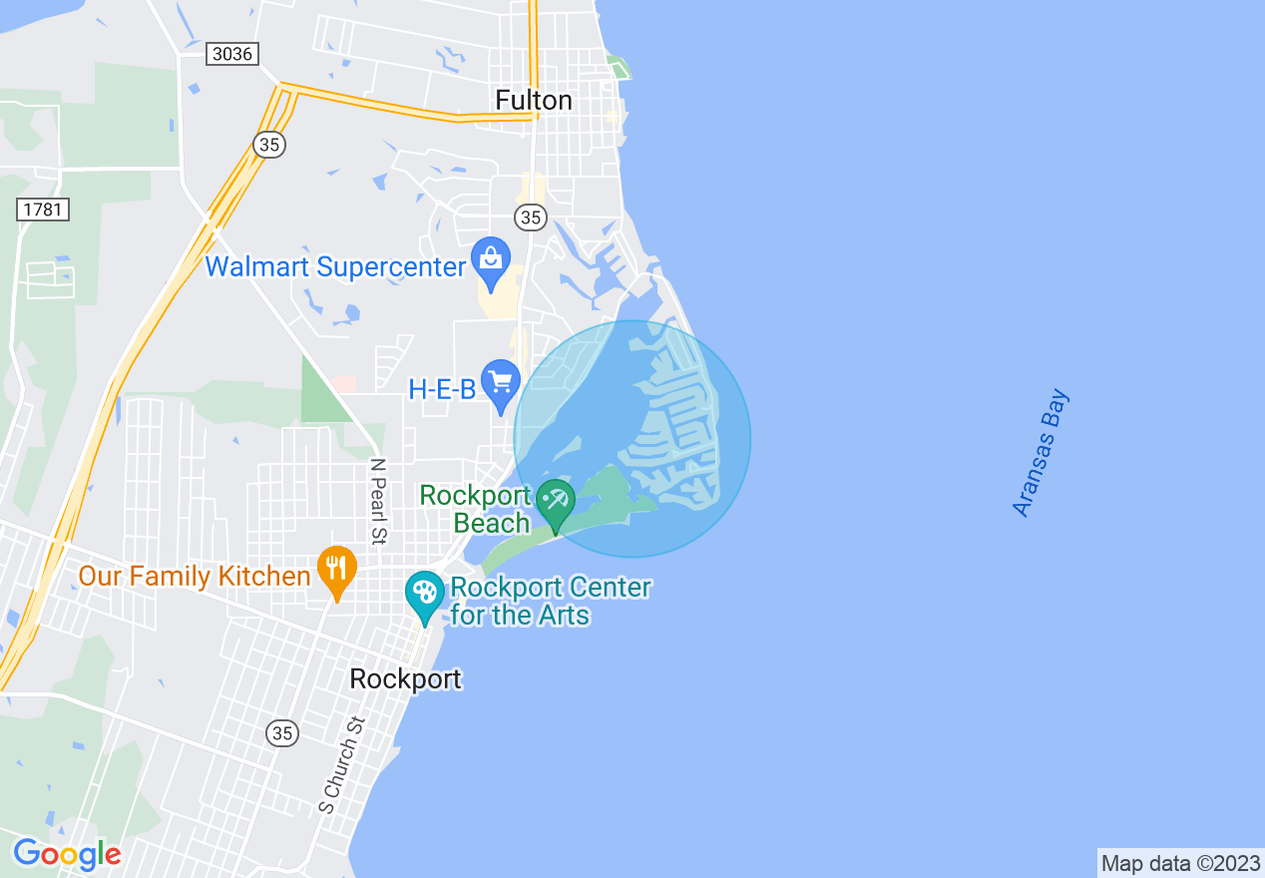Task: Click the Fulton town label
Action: tap(534, 101)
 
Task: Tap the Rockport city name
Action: tap(405, 679)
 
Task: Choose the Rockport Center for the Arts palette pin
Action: tap(425, 596)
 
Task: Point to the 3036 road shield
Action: tap(232, 54)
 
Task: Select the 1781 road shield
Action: tap(43, 210)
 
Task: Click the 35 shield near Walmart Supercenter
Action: tap(531, 217)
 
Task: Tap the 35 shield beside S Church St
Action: tap(282, 733)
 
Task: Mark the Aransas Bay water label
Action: tap(1041, 453)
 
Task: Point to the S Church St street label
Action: tap(340, 763)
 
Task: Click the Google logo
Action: tap(67, 854)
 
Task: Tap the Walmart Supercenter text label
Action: tap(336, 267)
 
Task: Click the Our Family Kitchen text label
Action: tap(195, 577)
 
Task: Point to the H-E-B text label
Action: tap(442, 389)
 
